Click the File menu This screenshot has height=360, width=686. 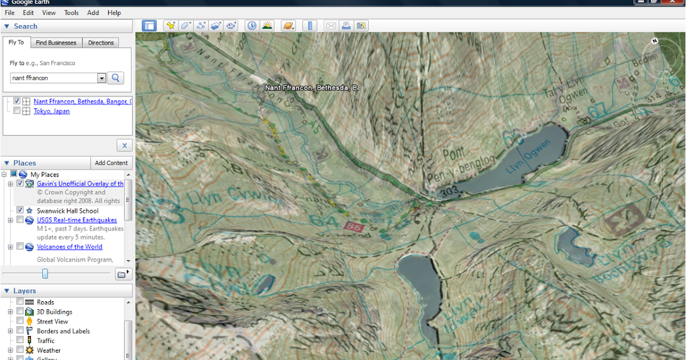tap(9, 13)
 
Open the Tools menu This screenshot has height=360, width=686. tap(71, 13)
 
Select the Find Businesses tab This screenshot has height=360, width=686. tap(55, 43)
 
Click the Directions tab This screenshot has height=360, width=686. tap(101, 43)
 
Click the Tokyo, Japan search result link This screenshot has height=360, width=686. tap(51, 111)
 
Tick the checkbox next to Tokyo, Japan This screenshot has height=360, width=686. tap(17, 111)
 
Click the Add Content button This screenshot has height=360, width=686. tap(111, 163)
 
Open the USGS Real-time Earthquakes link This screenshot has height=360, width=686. tap(77, 220)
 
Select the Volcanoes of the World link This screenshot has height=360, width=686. tap(70, 247)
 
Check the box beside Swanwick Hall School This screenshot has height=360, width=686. tap(21, 210)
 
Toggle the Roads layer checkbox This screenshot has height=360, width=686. tap(21, 302)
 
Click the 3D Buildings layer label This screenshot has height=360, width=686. tap(54, 312)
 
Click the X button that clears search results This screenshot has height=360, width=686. tap(124, 145)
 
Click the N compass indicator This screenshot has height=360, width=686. tap(655, 41)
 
